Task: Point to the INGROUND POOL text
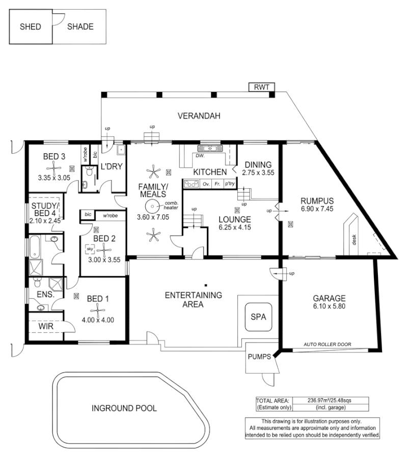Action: point(124,408)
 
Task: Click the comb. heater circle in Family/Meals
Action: point(151,206)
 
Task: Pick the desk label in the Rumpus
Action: point(354,239)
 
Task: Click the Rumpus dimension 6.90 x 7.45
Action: point(316,209)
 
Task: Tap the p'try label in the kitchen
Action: point(230,184)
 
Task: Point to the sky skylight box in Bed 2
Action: point(90,249)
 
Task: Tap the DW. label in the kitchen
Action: point(200,156)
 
